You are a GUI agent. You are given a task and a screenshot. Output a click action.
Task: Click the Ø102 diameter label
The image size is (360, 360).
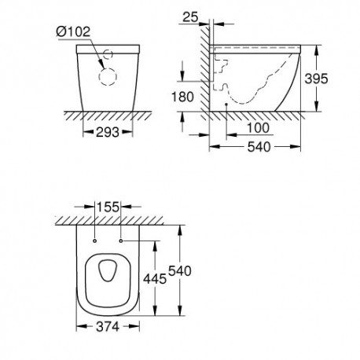tap(73, 31)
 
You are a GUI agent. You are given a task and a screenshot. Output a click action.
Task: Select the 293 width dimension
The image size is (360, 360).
tap(108, 132)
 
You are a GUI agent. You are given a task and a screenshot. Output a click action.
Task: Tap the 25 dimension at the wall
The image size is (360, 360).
tap(190, 17)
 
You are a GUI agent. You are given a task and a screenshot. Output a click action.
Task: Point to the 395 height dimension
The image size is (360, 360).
tap(316, 79)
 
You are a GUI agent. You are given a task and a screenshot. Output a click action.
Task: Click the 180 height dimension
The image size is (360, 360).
tap(182, 97)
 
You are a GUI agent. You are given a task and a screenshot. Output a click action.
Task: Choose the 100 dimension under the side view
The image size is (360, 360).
tap(258, 128)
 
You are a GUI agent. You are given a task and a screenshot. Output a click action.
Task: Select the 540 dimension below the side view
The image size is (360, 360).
tap(259, 147)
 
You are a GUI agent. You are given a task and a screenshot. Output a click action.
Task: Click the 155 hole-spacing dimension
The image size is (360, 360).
tap(108, 207)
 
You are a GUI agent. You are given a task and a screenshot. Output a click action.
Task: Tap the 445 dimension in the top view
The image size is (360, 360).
tap(155, 278)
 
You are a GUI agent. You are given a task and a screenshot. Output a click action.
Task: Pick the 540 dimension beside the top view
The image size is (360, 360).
tap(180, 270)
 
